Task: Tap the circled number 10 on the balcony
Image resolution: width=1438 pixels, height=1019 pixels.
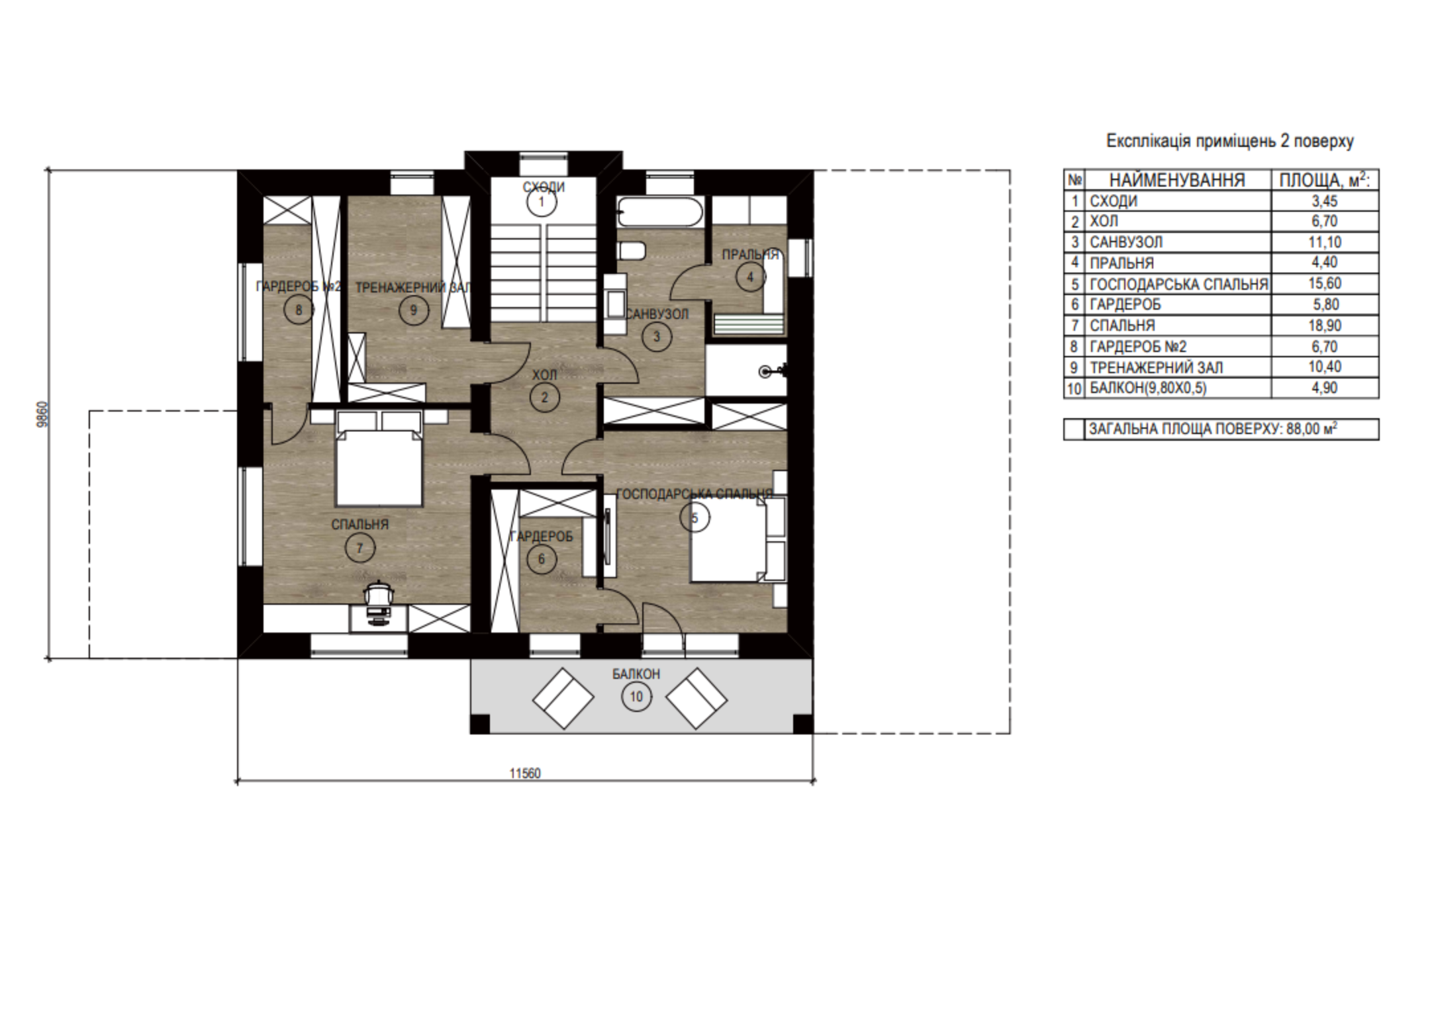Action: (636, 697)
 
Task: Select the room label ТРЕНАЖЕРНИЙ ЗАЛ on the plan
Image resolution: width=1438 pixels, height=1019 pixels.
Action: (412, 288)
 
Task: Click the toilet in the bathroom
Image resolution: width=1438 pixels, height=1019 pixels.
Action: (632, 251)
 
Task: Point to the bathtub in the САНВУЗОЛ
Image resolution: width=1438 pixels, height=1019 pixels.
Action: (659, 212)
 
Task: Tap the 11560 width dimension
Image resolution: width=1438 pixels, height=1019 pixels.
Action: (525, 774)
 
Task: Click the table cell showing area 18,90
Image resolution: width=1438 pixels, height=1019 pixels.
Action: (1325, 326)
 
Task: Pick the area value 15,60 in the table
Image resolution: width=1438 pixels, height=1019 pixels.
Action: (1325, 284)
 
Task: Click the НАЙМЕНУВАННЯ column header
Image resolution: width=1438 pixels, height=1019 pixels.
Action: (1177, 180)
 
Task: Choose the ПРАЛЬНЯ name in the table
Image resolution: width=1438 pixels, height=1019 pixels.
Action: (1122, 263)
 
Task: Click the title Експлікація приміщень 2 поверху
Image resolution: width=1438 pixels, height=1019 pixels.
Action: (1230, 141)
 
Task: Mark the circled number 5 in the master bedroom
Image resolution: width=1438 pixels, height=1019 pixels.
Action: (695, 518)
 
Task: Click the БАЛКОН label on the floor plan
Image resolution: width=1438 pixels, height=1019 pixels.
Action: (636, 674)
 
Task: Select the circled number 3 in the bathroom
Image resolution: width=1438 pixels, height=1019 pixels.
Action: (657, 337)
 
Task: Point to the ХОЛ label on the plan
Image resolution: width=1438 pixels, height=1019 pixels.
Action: (545, 375)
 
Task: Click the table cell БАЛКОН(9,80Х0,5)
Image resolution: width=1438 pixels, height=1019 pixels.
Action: (1147, 388)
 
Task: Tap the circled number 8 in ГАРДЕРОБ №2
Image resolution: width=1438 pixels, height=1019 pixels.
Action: (299, 310)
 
